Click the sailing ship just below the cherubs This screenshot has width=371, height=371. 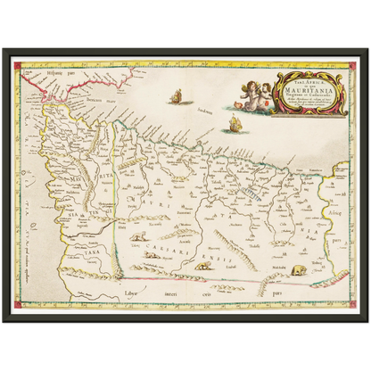pyautogui.click(x=236, y=122)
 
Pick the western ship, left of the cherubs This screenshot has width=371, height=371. pyautogui.click(x=176, y=95)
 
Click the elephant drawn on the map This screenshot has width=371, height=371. pyautogui.click(x=297, y=268)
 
